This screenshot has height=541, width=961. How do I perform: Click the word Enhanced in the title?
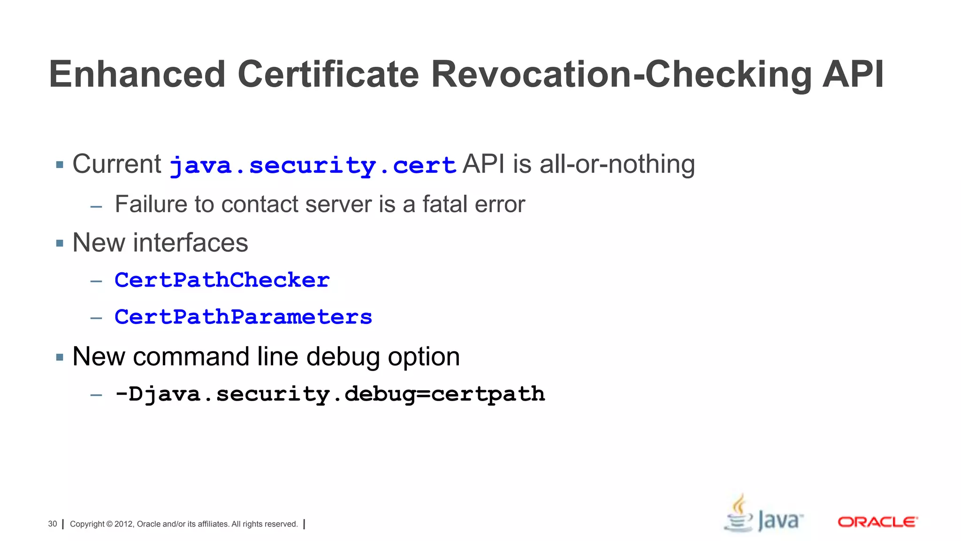click(x=137, y=75)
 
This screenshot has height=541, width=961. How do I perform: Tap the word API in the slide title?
click(x=853, y=75)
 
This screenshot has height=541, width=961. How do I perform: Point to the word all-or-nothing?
click(x=617, y=164)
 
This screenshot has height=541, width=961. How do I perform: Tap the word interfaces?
click(x=191, y=243)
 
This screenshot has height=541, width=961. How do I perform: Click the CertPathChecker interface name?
click(x=222, y=280)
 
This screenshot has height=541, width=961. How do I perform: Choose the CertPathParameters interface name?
click(x=243, y=317)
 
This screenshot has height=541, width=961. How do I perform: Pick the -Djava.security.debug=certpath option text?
click(x=329, y=394)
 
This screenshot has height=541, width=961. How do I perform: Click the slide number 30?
click(x=53, y=524)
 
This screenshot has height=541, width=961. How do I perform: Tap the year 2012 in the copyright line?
click(x=124, y=524)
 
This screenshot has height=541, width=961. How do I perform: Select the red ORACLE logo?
click(x=877, y=522)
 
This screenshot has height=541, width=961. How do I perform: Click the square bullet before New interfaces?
click(x=60, y=243)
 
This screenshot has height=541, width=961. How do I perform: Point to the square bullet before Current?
click(x=60, y=165)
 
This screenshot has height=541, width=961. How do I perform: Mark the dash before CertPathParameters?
click(x=96, y=318)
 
